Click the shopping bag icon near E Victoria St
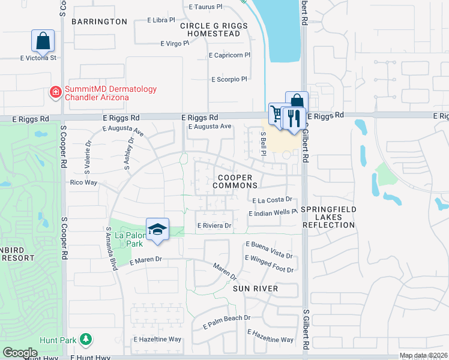(x=43, y=41)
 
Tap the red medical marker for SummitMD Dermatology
(x=55, y=92)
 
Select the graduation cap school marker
(x=157, y=230)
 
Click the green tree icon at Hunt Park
(x=86, y=340)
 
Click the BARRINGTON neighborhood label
(x=100, y=22)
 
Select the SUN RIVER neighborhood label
(x=255, y=289)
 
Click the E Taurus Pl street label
(x=205, y=7)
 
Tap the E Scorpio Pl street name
(x=229, y=79)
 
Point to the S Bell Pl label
(x=263, y=143)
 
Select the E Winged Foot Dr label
(x=269, y=269)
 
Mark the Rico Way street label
(x=83, y=182)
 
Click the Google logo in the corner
(x=20, y=353)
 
